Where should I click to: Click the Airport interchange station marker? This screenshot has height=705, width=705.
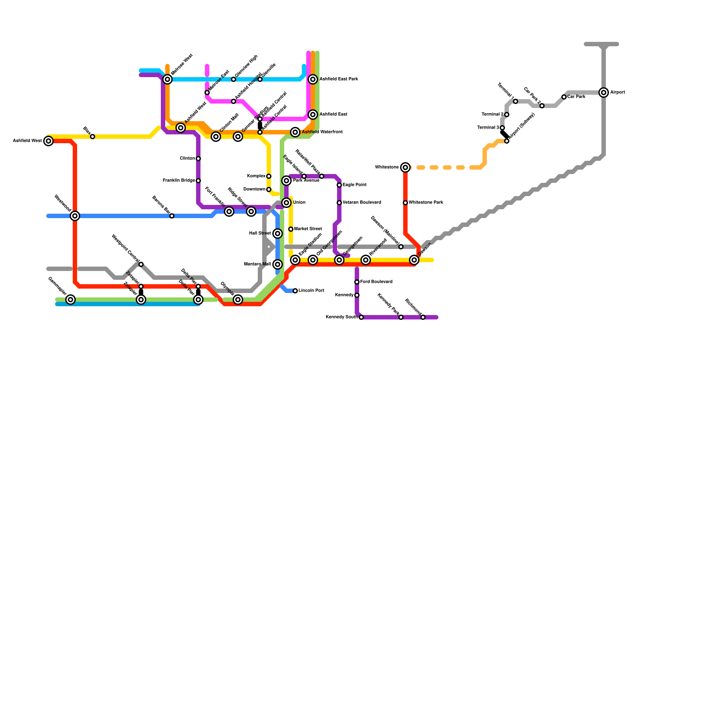tap(604, 93)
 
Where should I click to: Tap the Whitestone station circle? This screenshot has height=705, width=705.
tap(405, 167)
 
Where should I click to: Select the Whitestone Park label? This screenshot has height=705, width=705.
tap(426, 203)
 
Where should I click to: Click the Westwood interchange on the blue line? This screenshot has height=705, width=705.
tap(75, 216)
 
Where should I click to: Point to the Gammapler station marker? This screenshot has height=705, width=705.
tap(70, 300)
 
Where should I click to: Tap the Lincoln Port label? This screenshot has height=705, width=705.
tap(312, 291)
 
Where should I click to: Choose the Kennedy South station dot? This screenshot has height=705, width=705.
tap(361, 317)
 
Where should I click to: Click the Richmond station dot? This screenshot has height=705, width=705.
tap(423, 317)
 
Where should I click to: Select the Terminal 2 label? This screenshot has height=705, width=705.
tap(492, 115)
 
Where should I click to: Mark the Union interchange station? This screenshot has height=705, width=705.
tap(286, 203)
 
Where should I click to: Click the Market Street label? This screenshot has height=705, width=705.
tap(308, 229)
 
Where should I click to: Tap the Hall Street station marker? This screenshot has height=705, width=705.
tap(278, 234)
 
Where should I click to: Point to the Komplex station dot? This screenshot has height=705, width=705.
tap(269, 176)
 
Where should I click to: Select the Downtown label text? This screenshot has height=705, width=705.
tap(254, 189)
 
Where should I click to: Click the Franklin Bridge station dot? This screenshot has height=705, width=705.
tap(198, 181)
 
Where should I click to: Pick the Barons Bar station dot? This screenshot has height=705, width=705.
tap(172, 216)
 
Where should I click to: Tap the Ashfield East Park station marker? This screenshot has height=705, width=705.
tap(313, 79)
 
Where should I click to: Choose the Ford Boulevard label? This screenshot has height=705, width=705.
tap(376, 282)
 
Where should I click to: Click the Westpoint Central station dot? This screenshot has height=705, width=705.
tap(141, 264)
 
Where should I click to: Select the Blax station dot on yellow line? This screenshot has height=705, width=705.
tap(93, 137)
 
